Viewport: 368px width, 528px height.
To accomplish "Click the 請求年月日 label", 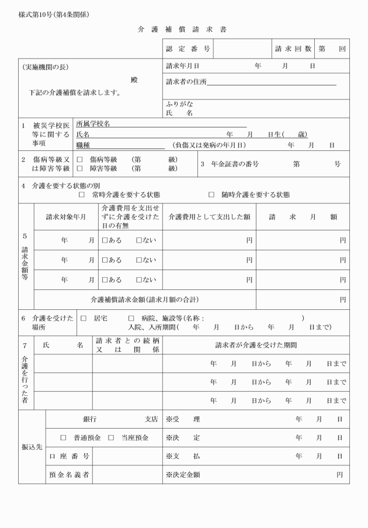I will [x=183, y=66].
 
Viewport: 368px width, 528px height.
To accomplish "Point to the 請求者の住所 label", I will [x=186, y=81].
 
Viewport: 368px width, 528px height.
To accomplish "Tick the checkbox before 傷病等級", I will [x=79, y=159].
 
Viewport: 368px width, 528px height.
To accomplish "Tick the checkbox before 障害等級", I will [x=79, y=169].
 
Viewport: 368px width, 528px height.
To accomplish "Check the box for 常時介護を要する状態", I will [x=82, y=195].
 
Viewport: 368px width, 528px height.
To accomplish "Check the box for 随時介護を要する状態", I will [x=211, y=195].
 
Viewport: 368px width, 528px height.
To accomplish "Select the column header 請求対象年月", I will [x=66, y=217].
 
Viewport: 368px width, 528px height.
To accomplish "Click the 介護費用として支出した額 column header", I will [x=209, y=217].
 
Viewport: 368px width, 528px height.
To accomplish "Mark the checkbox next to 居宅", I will [x=83, y=318].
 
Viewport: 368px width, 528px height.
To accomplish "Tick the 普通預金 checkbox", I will [x=64, y=437].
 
